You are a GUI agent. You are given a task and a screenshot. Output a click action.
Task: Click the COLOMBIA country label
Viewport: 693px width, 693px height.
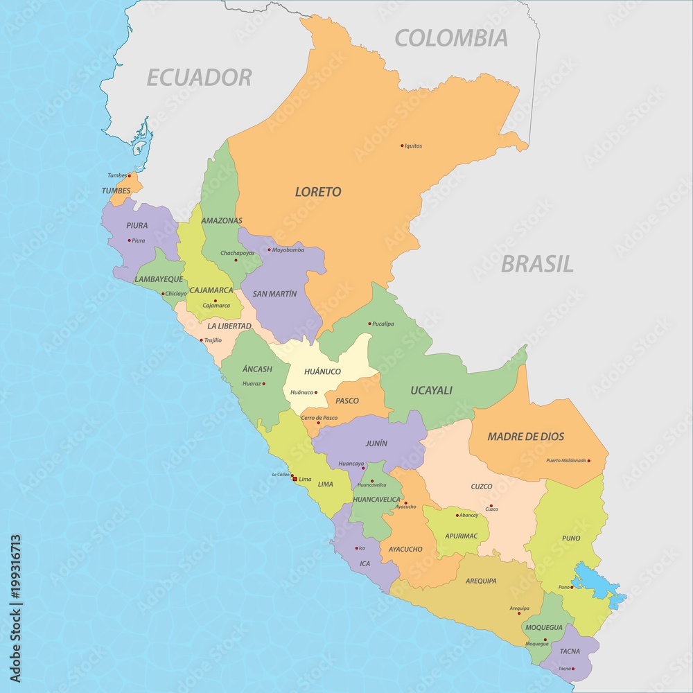coord(450,38)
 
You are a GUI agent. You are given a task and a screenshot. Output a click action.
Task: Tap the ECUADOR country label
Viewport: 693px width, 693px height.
coord(199,78)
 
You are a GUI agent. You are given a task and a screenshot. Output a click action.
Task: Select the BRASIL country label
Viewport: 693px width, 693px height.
coord(537,264)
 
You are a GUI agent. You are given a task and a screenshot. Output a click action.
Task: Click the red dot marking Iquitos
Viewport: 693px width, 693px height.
coord(402,146)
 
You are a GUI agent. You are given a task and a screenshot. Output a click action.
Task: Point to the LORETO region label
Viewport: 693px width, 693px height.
coord(318,192)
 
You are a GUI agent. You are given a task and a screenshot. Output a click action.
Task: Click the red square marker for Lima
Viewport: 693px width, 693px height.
coord(295,479)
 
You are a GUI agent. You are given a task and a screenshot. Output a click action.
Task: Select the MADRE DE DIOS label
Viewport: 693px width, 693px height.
coord(525,437)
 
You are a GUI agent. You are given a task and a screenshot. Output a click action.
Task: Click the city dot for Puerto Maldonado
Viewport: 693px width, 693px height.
coord(589,460)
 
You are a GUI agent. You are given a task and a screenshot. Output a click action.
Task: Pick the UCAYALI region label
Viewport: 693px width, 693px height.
coord(430,390)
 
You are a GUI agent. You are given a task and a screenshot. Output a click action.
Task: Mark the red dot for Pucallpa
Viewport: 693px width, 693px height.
coord(369,324)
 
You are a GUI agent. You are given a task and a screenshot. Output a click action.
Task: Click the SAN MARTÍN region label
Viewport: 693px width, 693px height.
coord(274,294)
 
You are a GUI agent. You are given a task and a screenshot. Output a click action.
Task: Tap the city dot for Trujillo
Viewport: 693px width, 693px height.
coord(202,340)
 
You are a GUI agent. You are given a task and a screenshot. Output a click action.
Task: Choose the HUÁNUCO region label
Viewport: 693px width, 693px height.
coord(323,371)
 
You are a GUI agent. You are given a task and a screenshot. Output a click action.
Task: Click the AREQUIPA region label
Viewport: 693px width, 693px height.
coord(481,581)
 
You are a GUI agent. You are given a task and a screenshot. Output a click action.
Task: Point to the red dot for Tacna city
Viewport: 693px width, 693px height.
coord(573,669)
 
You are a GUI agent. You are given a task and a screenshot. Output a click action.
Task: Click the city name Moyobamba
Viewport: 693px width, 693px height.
coord(288,249)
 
